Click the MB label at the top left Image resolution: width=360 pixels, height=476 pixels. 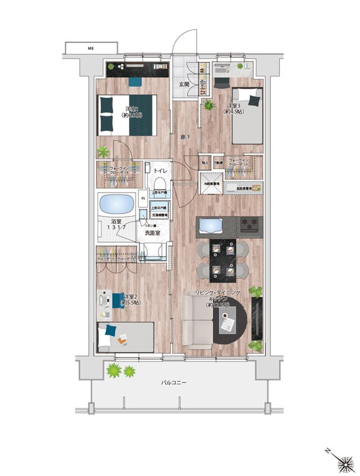[x=91, y=48]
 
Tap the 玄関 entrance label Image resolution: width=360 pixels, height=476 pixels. [x=184, y=84]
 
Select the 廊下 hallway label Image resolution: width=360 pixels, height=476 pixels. [x=184, y=137]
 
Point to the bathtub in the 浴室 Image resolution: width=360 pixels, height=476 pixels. [x=116, y=205]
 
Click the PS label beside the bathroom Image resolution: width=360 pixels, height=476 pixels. [x=143, y=198]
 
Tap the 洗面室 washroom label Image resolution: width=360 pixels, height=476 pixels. [x=153, y=233]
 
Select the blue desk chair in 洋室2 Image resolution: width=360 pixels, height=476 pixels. [x=117, y=301]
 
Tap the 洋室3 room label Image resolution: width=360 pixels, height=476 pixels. [x=232, y=106]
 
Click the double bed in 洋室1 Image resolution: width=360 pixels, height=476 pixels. [x=129, y=115]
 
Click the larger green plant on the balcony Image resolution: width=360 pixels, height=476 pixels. [x=114, y=370]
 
